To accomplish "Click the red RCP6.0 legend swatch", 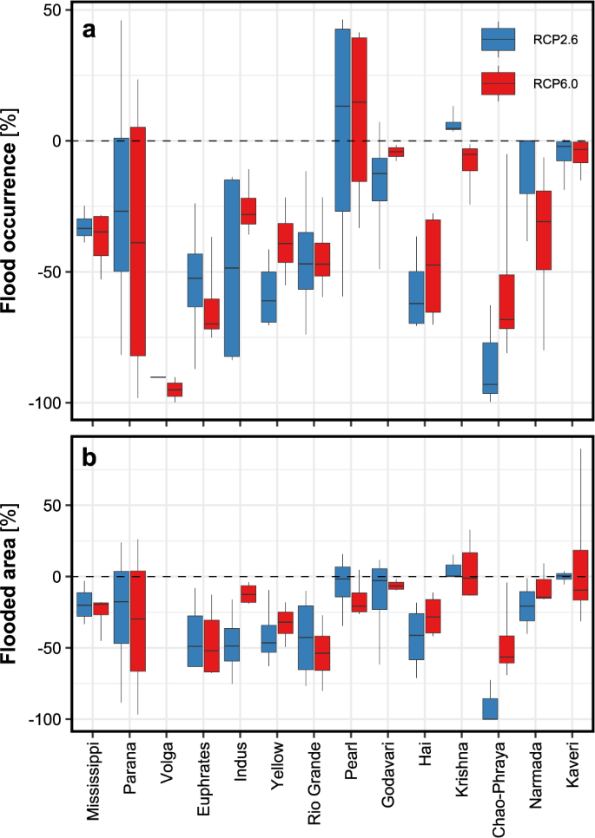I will click(x=499, y=82).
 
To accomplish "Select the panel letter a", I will click(x=89, y=30).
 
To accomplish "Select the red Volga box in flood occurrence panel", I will click(x=175, y=390).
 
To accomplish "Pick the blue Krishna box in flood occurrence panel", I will click(x=453, y=126).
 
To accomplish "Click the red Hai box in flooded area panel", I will click(x=433, y=616).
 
